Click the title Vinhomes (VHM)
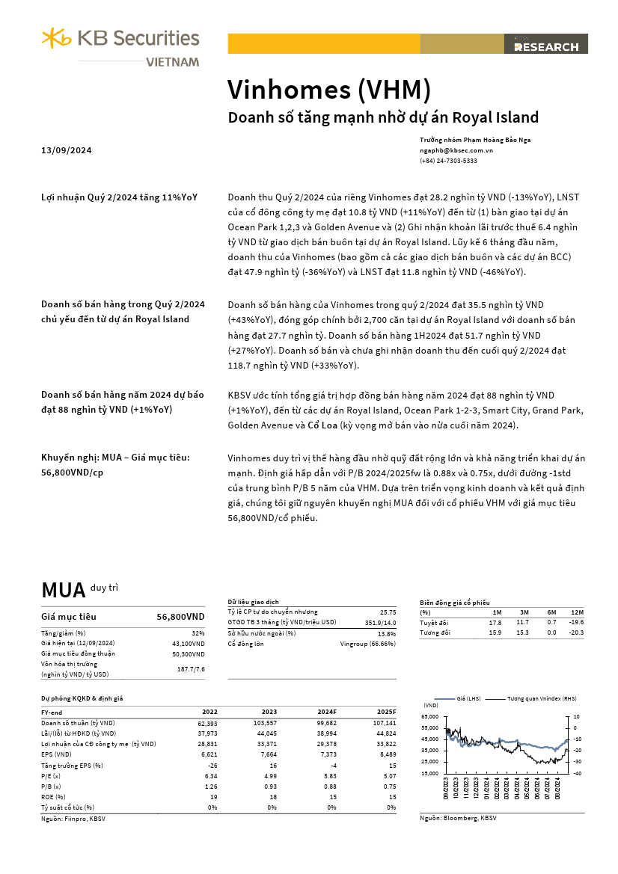(x=329, y=90)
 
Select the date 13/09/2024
(x=67, y=151)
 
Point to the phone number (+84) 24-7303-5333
(x=448, y=161)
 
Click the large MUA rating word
(x=64, y=590)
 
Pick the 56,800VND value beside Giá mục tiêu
(x=180, y=617)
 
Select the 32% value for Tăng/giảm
(x=198, y=633)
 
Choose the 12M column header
(x=577, y=612)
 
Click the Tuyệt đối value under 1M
(x=495, y=622)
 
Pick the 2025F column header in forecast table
(x=385, y=713)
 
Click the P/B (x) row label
(x=52, y=786)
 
